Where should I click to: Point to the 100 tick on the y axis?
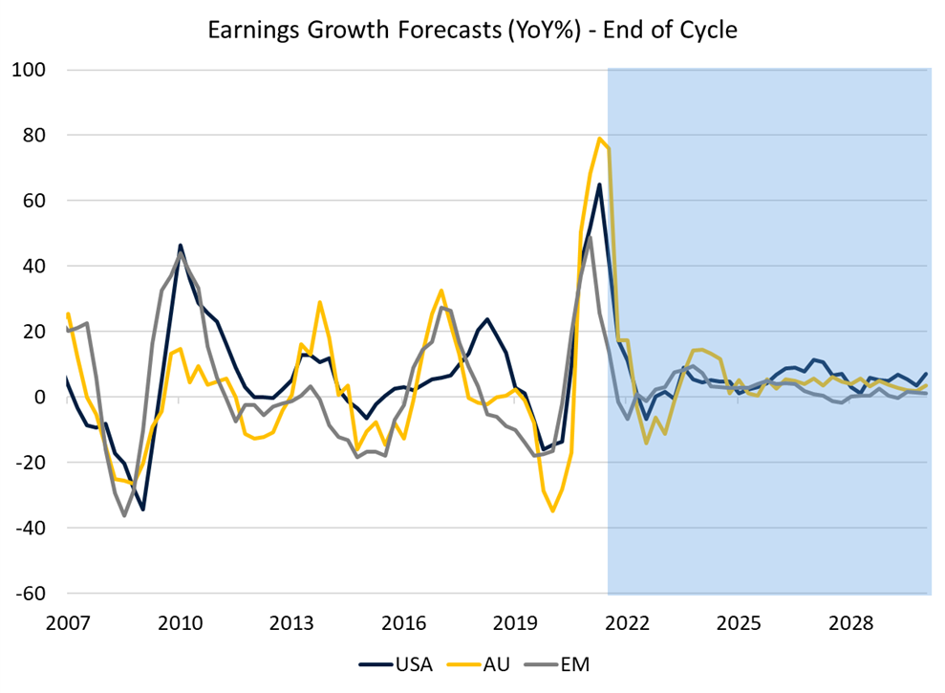tap(33, 70)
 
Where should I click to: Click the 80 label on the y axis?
tap(38, 136)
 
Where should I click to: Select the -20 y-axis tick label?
tap(34, 463)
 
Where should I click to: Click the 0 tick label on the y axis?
tap(44, 397)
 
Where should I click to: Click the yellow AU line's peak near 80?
tap(599, 139)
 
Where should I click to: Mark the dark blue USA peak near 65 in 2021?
tap(599, 184)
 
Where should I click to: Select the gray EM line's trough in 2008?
tap(124, 516)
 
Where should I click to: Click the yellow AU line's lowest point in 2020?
tap(552, 510)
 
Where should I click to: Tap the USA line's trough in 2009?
tap(142, 509)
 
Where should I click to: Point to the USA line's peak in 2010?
tap(181, 246)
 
